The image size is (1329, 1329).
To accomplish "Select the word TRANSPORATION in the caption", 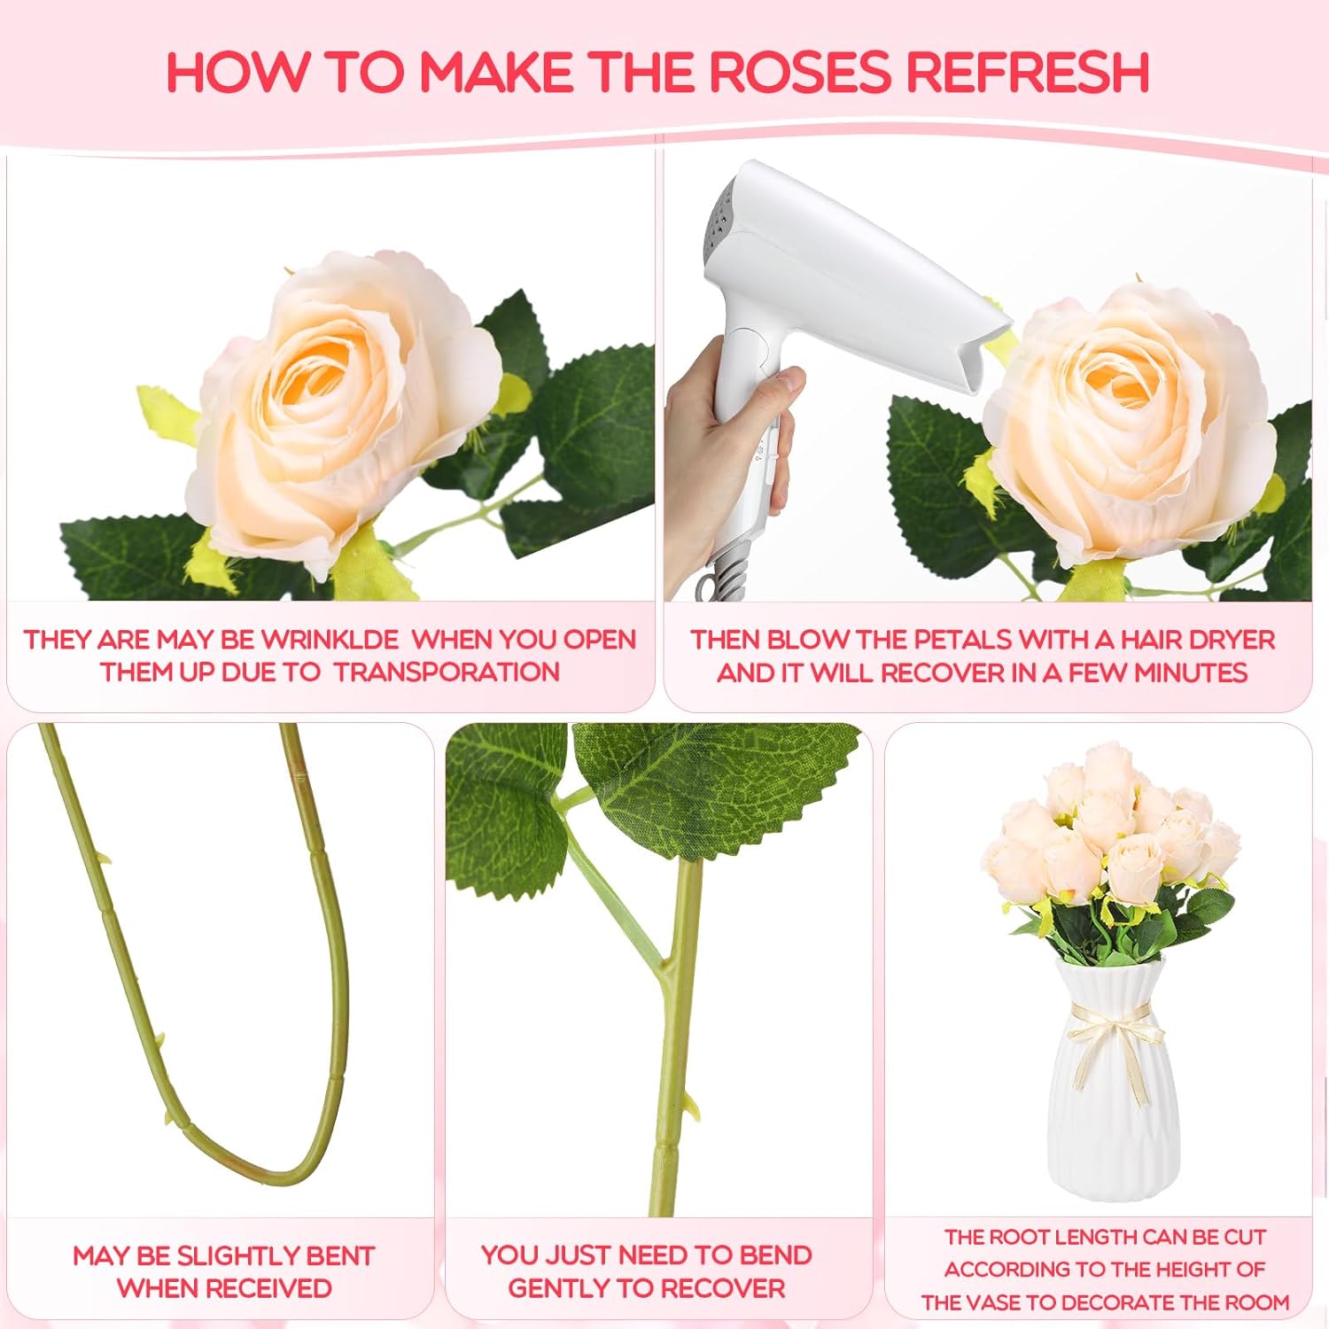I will tap(447, 672).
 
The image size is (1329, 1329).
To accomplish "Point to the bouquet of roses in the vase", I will tap(1107, 851).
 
